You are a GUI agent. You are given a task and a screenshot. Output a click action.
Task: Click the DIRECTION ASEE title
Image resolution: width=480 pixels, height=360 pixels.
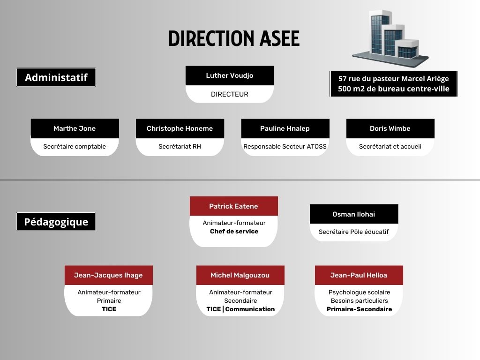click(234, 38)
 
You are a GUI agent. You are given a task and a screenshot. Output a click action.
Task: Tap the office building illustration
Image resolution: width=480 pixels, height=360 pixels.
click(390, 38)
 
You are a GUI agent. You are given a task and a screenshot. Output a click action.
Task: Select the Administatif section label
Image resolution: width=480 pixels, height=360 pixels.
click(56, 77)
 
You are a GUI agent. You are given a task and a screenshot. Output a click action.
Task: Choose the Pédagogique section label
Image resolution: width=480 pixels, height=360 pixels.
click(56, 222)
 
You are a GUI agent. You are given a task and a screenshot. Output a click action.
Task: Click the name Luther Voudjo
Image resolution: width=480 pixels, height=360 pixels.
click(230, 75)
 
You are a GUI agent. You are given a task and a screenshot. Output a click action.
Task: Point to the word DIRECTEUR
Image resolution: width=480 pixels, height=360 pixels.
click(230, 94)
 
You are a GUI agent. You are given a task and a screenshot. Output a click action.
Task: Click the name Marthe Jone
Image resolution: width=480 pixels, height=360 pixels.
click(75, 128)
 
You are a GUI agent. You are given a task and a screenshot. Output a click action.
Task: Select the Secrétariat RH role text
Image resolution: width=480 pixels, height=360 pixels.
click(180, 146)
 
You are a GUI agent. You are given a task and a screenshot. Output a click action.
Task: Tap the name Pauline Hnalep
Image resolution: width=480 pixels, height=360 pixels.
click(285, 128)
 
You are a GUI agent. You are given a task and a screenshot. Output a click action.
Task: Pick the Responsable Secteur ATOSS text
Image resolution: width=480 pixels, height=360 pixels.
click(285, 146)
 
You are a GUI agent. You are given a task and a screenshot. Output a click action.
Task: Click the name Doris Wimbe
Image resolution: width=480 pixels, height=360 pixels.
click(390, 128)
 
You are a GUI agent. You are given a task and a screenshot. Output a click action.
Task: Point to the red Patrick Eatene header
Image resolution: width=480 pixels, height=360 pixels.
click(234, 206)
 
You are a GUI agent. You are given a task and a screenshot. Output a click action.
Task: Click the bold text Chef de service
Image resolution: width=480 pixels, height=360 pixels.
click(234, 232)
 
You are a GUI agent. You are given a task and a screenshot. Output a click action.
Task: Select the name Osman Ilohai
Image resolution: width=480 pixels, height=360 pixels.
click(353, 214)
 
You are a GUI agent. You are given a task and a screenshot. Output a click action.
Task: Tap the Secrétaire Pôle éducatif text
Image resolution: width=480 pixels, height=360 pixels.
click(353, 232)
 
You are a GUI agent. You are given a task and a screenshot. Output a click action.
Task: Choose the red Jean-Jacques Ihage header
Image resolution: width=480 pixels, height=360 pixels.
click(109, 275)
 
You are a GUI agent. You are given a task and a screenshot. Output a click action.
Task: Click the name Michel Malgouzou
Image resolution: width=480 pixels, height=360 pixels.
click(240, 275)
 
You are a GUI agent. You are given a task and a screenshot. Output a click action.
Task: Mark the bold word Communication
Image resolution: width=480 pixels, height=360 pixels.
click(250, 309)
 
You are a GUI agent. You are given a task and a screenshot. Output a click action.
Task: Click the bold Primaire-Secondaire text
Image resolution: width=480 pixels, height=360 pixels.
click(360, 309)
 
